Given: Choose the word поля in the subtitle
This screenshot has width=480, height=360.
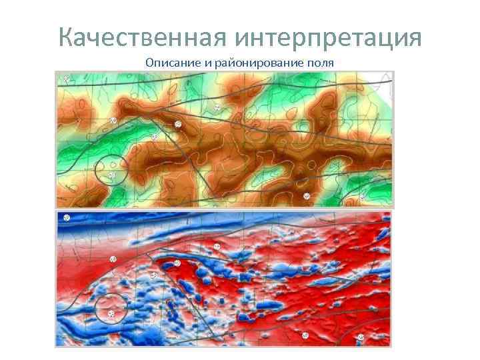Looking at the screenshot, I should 320,63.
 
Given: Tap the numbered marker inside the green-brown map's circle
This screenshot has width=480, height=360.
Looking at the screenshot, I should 112,175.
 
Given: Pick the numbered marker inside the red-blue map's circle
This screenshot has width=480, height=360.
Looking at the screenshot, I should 111,313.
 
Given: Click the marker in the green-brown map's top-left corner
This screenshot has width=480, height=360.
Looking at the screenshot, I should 65,79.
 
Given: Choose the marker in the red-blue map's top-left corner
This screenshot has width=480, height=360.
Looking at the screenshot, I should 67,218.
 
